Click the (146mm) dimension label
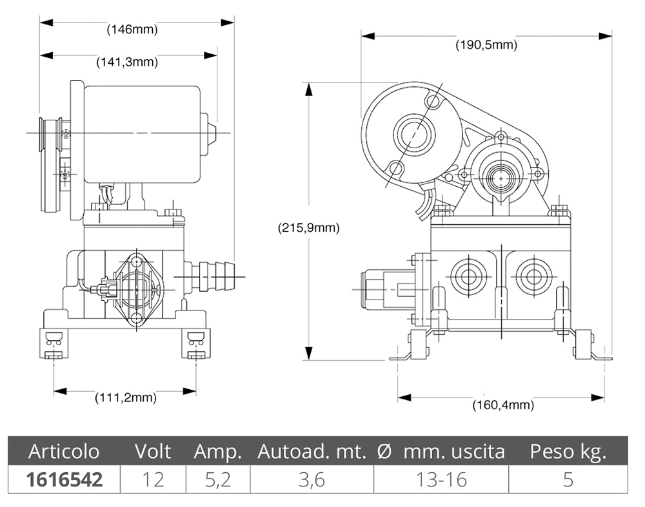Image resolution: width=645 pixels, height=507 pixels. [132, 30]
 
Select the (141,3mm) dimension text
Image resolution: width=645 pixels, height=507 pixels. [127, 62]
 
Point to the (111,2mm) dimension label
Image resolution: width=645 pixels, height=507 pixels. [126, 397]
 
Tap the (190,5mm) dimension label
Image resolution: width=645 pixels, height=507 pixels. [486, 45]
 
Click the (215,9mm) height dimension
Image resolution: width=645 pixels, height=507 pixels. [309, 227]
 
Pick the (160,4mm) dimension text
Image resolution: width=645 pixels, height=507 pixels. [503, 405]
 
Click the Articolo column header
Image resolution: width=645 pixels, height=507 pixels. [64, 452]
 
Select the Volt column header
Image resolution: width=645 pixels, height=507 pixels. [153, 452]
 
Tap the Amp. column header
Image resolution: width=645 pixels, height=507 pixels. [217, 452]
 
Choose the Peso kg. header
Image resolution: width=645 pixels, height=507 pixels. [568, 452]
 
